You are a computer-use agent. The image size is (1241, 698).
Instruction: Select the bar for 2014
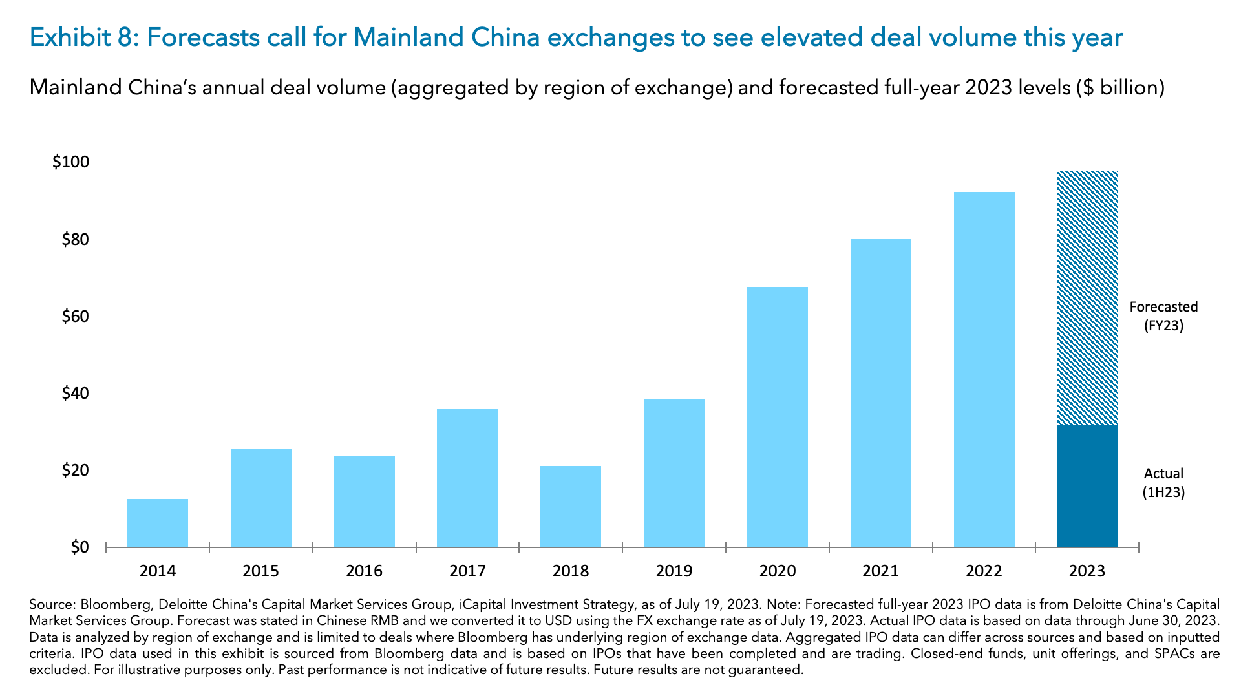pyautogui.click(x=158, y=523)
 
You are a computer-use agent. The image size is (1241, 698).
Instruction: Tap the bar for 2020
pyautogui.click(x=777, y=417)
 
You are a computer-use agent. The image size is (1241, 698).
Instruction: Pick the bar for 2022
pyautogui.click(x=984, y=369)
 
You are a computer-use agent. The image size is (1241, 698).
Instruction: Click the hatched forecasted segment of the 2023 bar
pyautogui.click(x=1087, y=298)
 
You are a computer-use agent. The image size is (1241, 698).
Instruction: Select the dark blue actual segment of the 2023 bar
pyautogui.click(x=1087, y=486)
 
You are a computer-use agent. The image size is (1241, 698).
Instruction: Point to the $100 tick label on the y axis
pyautogui.click(x=70, y=162)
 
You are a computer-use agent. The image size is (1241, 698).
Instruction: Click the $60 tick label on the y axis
pyautogui.click(x=75, y=317)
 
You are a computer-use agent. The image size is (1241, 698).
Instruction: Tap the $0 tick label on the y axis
pyautogui.click(x=79, y=547)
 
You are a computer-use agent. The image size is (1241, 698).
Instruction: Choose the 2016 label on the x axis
pyautogui.click(x=364, y=571)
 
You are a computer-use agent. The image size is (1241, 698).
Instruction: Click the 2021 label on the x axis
pyautogui.click(x=880, y=571)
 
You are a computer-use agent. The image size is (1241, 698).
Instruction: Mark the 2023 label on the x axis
pyautogui.click(x=1087, y=571)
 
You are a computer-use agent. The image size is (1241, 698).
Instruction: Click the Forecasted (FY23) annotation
pyautogui.click(x=1163, y=316)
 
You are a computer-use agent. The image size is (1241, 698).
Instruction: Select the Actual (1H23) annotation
pyautogui.click(x=1163, y=483)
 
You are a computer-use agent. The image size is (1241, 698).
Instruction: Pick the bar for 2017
pyautogui.click(x=467, y=478)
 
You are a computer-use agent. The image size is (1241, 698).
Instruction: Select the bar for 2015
pyautogui.click(x=260, y=498)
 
